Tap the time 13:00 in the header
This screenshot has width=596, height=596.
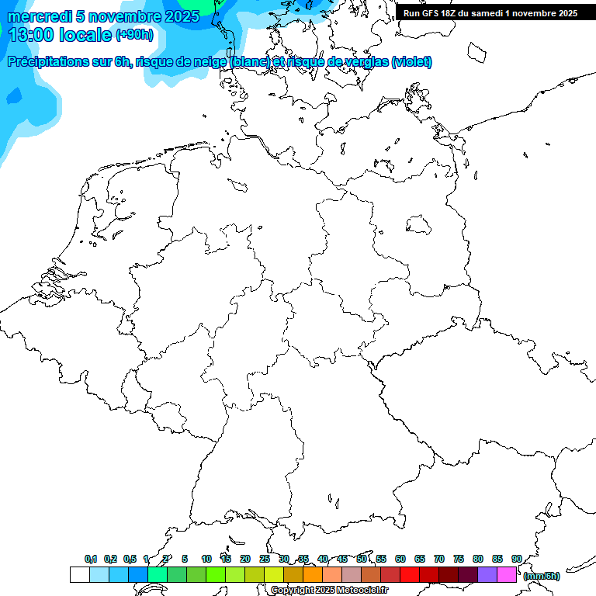point(33,35)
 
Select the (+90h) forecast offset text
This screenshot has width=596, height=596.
point(134,35)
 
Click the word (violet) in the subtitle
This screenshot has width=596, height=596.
point(412,62)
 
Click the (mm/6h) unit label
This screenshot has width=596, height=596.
point(542,576)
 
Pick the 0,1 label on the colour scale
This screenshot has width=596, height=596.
point(91,560)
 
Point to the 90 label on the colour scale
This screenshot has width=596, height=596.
point(516,560)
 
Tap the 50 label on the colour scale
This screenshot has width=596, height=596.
point(362,560)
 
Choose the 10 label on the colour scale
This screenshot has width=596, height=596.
point(206,560)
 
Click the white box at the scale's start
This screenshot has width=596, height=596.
point(79,574)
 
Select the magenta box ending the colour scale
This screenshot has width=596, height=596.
point(507,574)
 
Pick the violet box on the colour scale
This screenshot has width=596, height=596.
point(487,574)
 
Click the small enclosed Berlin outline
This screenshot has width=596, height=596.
point(419,225)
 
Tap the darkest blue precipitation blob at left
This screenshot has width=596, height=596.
point(13,96)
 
